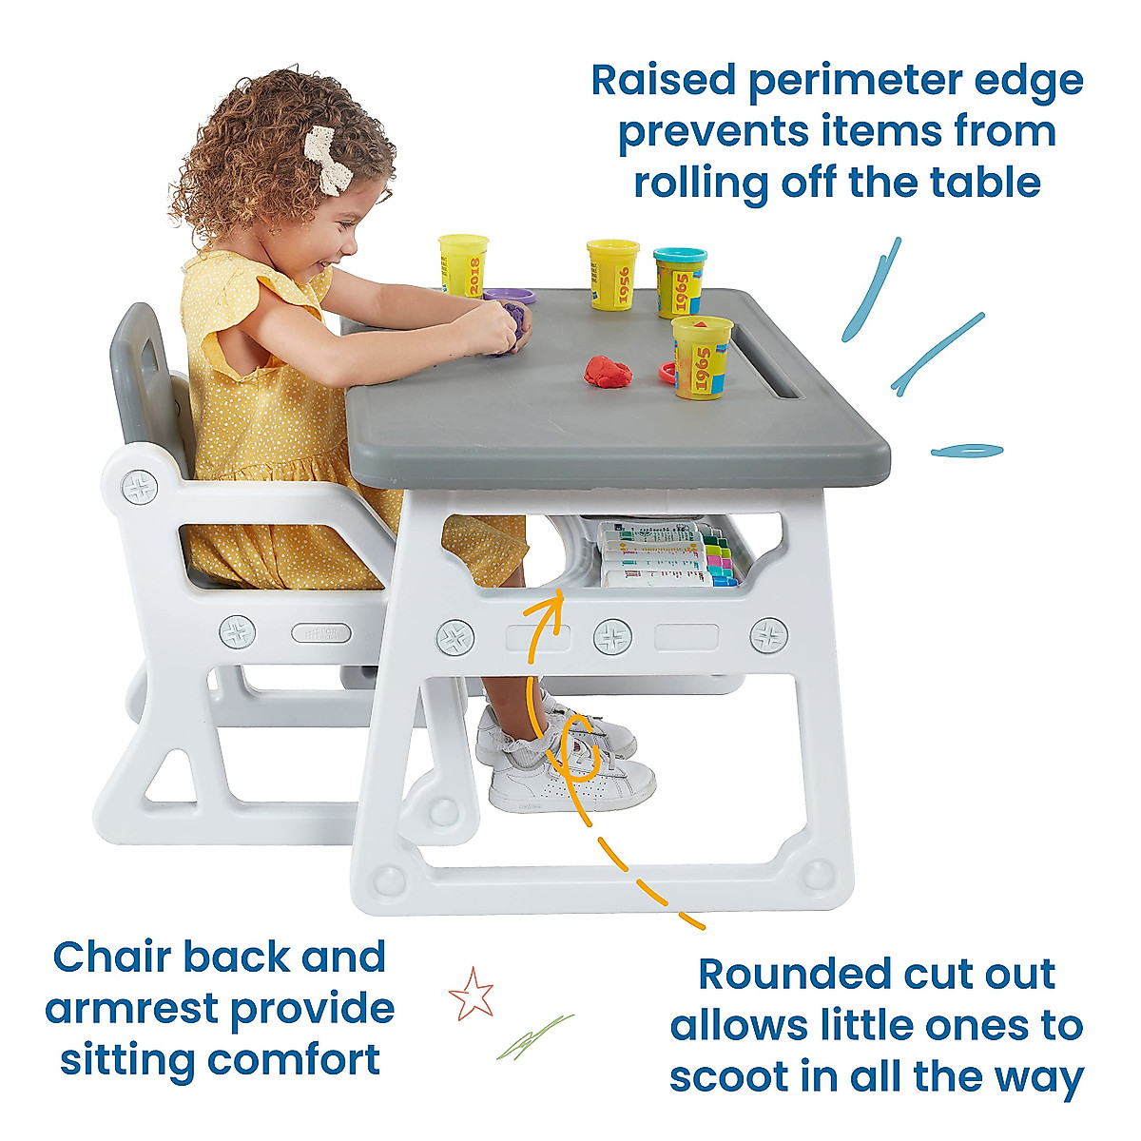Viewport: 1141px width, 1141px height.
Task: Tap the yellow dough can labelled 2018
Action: click(463, 264)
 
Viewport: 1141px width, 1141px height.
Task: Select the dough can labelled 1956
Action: click(612, 273)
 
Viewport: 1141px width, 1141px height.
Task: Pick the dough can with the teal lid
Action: click(680, 280)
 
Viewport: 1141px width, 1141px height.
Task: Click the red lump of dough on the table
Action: click(609, 371)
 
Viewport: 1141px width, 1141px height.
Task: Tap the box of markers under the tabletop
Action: click(666, 556)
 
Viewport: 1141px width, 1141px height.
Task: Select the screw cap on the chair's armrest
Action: click(140, 488)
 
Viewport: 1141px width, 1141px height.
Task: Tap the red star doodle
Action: click(472, 993)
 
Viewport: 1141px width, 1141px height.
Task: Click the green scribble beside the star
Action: click(534, 1036)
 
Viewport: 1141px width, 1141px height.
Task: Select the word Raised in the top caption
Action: click(662, 82)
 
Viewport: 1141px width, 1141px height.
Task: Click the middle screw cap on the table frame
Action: click(612, 636)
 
